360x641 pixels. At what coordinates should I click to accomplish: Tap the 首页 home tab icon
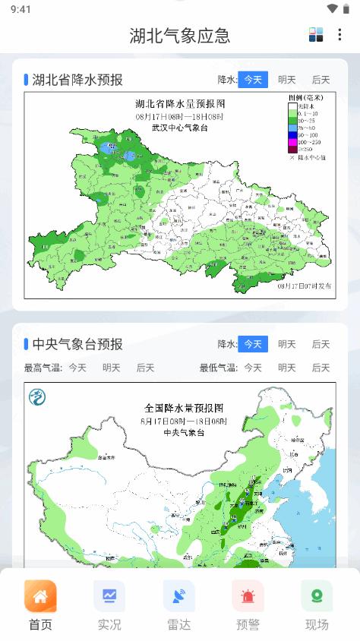coord(40,596)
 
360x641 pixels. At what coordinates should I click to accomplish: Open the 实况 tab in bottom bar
coord(109,596)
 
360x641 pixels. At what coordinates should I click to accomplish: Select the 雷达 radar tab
coord(178,596)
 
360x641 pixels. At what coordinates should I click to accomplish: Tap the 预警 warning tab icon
coord(248,596)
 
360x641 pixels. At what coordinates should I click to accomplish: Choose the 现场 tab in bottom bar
coord(317,596)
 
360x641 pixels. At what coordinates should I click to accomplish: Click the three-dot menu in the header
coord(339,34)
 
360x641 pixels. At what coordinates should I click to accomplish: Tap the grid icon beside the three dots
coord(316,34)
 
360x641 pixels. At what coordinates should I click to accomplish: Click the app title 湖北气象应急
coord(180,35)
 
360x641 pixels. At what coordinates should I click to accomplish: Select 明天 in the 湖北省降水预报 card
coord(287,80)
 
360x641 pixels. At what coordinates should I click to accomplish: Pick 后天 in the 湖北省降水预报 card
coord(321,80)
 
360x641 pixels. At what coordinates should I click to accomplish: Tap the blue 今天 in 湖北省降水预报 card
coord(253,80)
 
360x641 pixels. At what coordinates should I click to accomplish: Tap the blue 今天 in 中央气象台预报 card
coord(253,344)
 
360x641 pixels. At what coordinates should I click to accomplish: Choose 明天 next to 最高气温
coord(112,368)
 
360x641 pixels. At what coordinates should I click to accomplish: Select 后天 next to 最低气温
coord(321,368)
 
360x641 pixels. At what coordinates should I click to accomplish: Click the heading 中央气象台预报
coord(77,344)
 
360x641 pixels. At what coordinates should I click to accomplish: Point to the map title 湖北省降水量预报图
coord(180,103)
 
